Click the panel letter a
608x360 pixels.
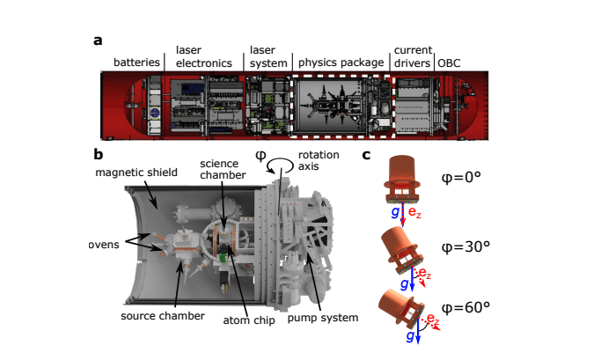(x=99, y=40)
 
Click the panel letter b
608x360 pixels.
(x=99, y=153)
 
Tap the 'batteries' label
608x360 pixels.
(x=137, y=62)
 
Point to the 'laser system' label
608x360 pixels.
(x=267, y=56)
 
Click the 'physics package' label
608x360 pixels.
(x=341, y=62)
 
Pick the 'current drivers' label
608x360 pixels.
(x=411, y=56)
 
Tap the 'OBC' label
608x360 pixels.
(x=450, y=62)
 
